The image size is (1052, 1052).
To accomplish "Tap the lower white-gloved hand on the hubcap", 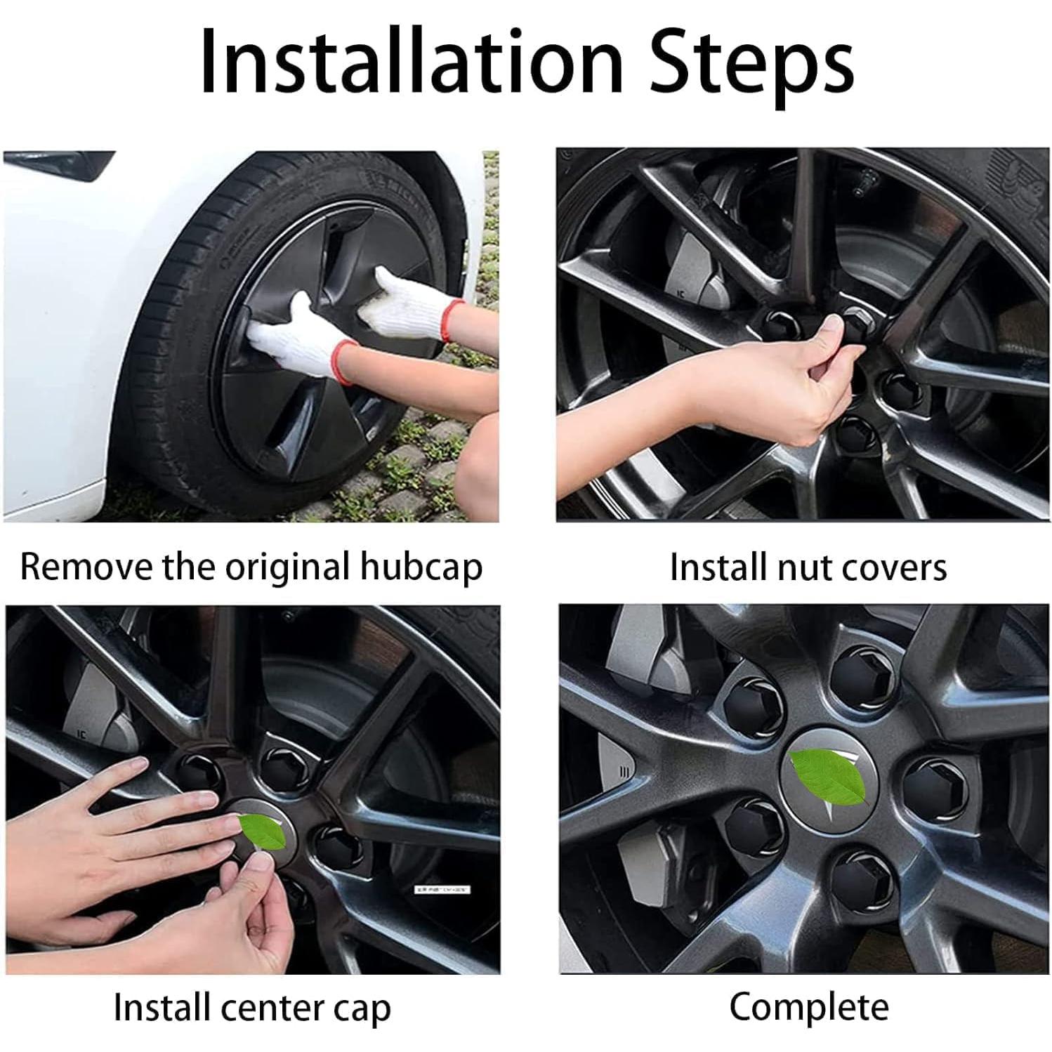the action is tap(300, 337).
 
